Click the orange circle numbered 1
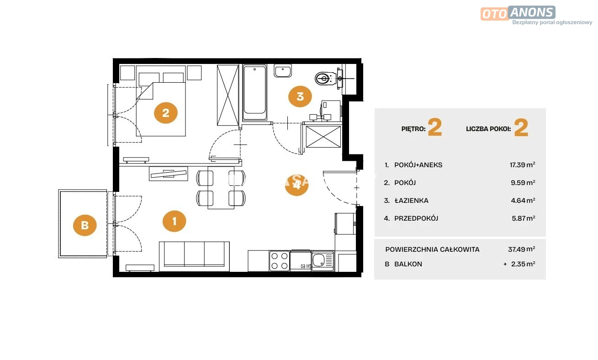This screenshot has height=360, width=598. [x=174, y=221]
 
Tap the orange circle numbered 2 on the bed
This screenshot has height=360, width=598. [x=165, y=113]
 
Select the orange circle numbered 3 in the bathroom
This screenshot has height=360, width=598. [x=300, y=96]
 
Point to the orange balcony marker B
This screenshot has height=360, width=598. [x=85, y=225]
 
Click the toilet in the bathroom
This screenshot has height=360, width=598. [x=326, y=79]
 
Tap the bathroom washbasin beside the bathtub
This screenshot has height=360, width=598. [x=283, y=71]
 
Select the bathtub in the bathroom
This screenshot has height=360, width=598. [x=254, y=92]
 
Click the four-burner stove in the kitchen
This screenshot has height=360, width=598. [x=279, y=261]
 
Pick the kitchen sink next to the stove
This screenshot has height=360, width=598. [x=323, y=261]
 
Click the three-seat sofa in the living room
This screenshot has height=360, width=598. [x=194, y=256]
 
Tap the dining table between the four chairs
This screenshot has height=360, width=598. [x=221, y=188]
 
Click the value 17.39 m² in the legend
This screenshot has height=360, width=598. [x=523, y=165]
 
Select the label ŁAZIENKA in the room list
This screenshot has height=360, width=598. [x=412, y=201]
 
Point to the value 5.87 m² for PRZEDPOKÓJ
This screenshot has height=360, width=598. [x=523, y=218]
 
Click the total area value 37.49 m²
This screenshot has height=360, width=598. [x=521, y=249]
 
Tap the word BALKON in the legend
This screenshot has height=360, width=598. [x=408, y=264]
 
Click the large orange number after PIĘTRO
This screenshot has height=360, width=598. [x=435, y=127]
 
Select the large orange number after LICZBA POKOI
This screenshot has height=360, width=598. [x=521, y=127]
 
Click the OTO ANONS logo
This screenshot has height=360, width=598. [x=518, y=13]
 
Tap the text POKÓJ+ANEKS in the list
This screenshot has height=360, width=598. [x=418, y=165]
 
